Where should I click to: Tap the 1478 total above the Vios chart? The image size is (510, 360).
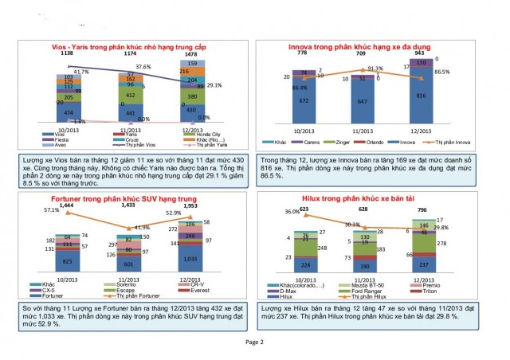pyautogui.click(x=192, y=54)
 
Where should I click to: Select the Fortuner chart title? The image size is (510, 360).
pyautogui.click(x=130, y=199)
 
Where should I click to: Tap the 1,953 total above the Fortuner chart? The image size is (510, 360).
pyautogui.click(x=192, y=205)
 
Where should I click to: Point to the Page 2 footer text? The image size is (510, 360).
pyautogui.click(x=254, y=341)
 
